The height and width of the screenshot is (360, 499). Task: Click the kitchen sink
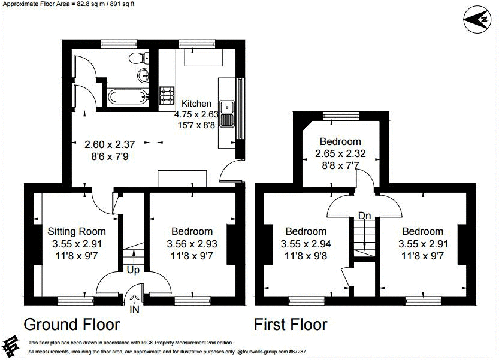click(x=227, y=114)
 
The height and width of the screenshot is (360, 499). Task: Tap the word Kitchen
click(x=196, y=104)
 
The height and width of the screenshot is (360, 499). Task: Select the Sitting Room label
click(x=77, y=231)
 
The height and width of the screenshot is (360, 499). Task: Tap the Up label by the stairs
click(x=133, y=270)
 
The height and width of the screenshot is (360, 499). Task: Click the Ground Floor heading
click(x=71, y=325)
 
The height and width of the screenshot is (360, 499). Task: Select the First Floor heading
click(x=291, y=325)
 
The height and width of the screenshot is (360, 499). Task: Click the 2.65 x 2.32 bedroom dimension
click(x=340, y=153)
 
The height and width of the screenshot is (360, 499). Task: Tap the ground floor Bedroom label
click(x=192, y=231)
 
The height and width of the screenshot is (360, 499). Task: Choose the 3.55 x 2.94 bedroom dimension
click(x=306, y=244)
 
